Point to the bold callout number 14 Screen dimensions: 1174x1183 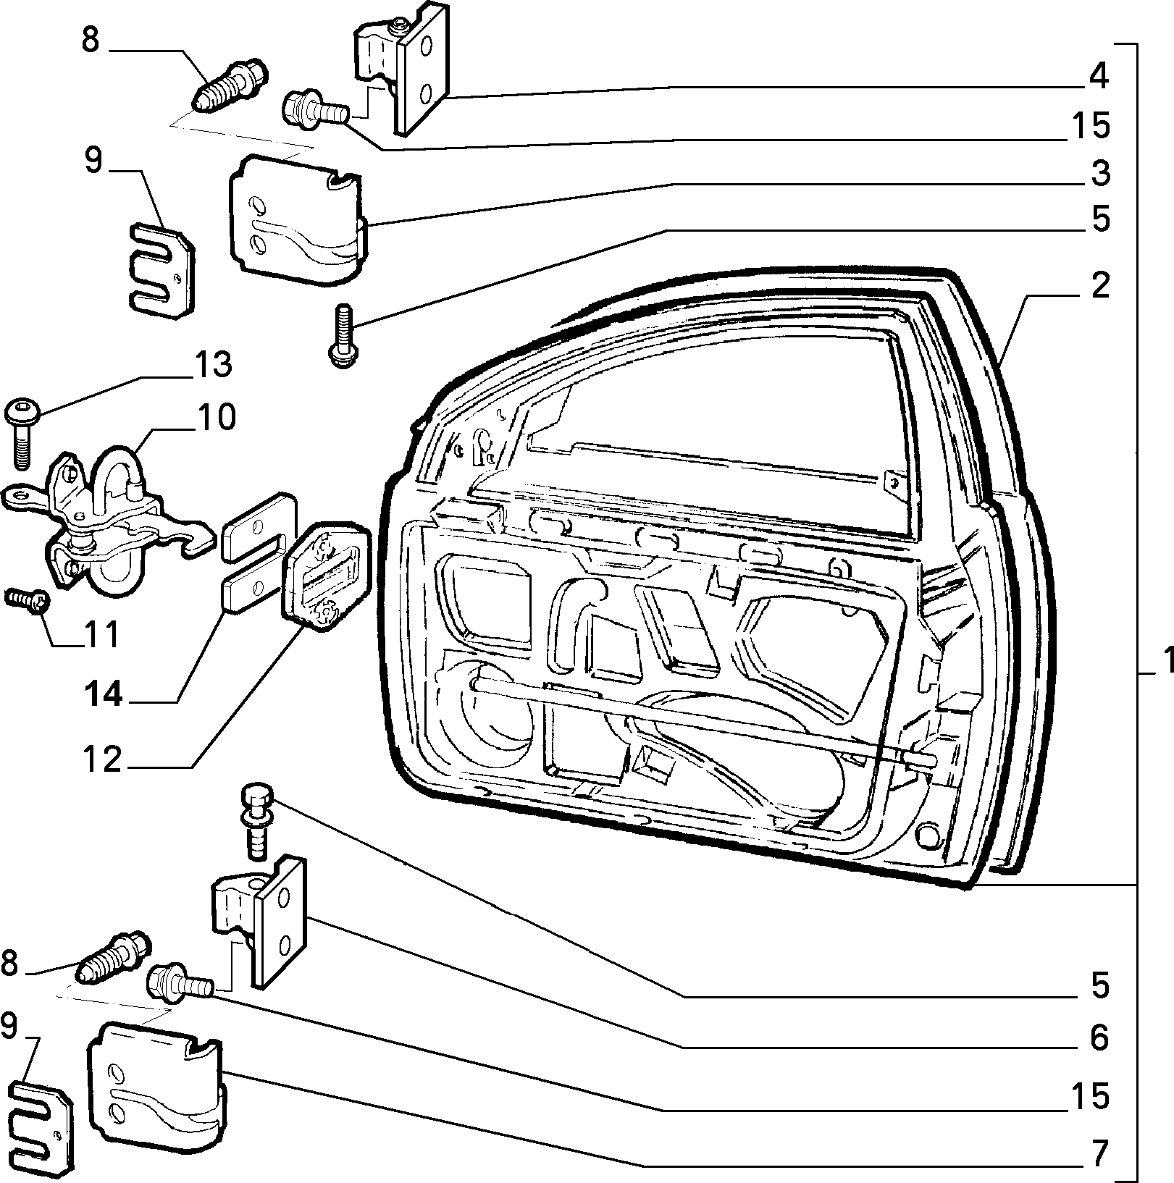[x=103, y=696]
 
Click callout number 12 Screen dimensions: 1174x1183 [x=102, y=762]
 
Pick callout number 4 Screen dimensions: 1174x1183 [x=1099, y=77]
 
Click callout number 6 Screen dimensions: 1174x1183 [x=1099, y=1038]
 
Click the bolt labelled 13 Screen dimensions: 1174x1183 [x=20, y=432]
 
